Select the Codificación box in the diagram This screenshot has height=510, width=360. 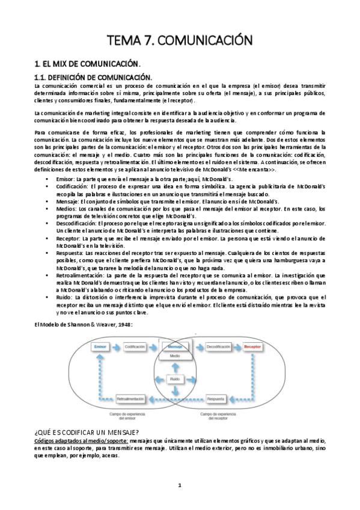(x=136, y=347)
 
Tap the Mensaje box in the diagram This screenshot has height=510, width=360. (x=175, y=347)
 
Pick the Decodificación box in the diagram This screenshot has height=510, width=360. (x=218, y=347)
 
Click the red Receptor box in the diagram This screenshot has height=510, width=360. (x=252, y=347)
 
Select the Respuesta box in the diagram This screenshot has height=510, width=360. (x=217, y=398)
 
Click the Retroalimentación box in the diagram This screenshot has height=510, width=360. (x=135, y=398)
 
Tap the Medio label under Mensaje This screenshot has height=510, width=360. (x=175, y=357)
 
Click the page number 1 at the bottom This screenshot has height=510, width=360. (x=179, y=485)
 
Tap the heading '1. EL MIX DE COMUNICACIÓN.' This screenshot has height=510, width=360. (x=87, y=63)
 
